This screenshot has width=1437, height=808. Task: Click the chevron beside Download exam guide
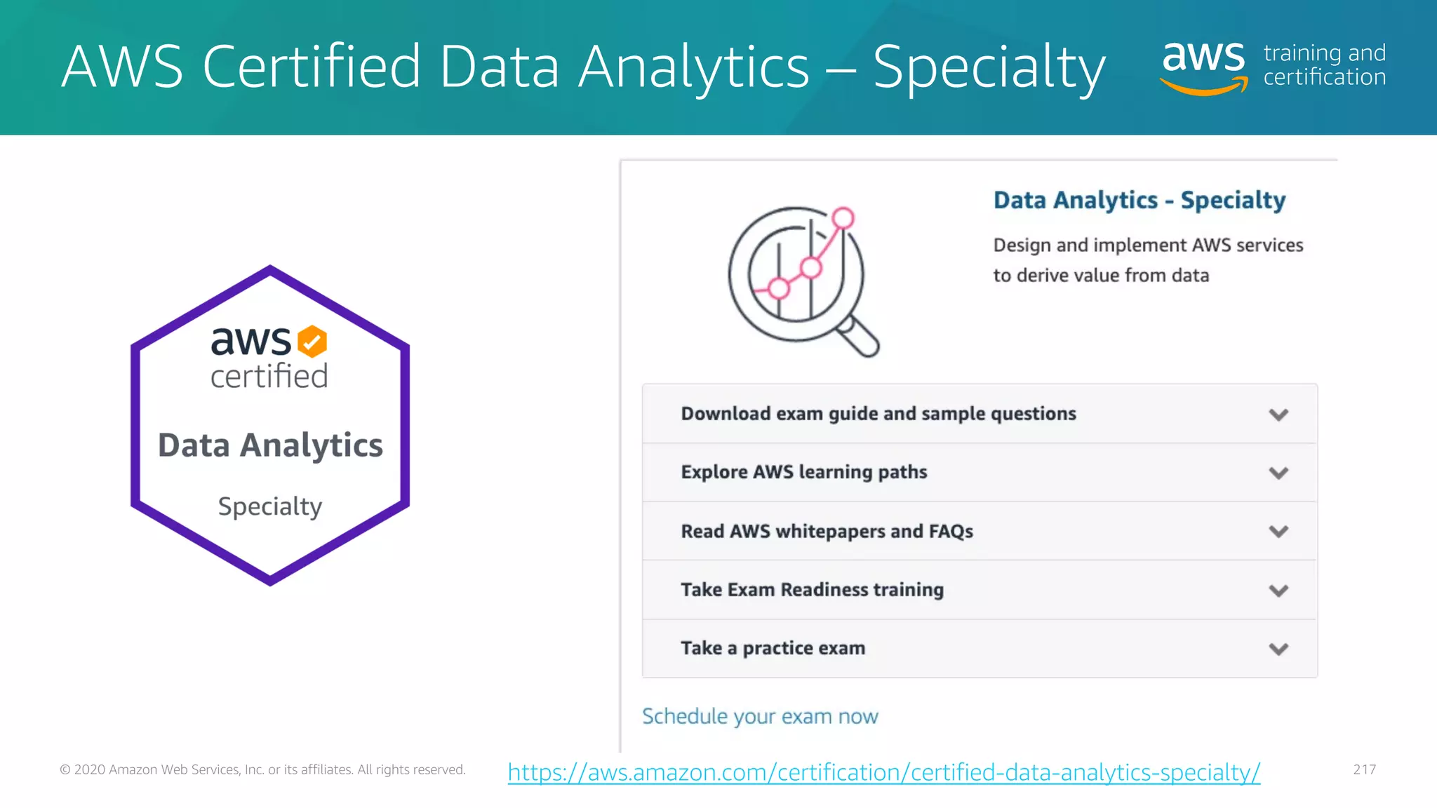[x=1278, y=415]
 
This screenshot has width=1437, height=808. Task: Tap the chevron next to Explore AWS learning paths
[x=1278, y=473]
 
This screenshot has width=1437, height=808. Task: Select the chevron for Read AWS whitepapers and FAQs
[x=1278, y=532]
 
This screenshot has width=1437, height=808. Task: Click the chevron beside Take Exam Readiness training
[x=1278, y=591]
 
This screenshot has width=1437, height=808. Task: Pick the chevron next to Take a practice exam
[x=1278, y=649]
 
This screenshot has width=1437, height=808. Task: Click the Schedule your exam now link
[x=760, y=716]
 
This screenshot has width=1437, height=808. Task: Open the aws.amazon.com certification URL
[x=883, y=772]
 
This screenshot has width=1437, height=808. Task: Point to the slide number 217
[x=1364, y=769]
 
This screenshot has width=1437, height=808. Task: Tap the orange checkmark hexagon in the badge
[x=312, y=342]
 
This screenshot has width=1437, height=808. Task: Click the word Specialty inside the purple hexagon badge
[x=270, y=506]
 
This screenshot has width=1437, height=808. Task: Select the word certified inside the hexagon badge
[x=269, y=377]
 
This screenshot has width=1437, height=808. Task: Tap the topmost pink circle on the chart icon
[x=843, y=218]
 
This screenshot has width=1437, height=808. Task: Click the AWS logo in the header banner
[x=1204, y=67]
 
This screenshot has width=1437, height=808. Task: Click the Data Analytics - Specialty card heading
[x=1139, y=201]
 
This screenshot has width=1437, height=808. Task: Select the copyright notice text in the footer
[x=262, y=769]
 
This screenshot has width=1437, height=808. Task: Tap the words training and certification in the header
[x=1324, y=65]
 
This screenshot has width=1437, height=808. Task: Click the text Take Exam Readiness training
[x=812, y=590]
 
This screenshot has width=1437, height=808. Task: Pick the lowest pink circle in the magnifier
[x=778, y=288]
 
